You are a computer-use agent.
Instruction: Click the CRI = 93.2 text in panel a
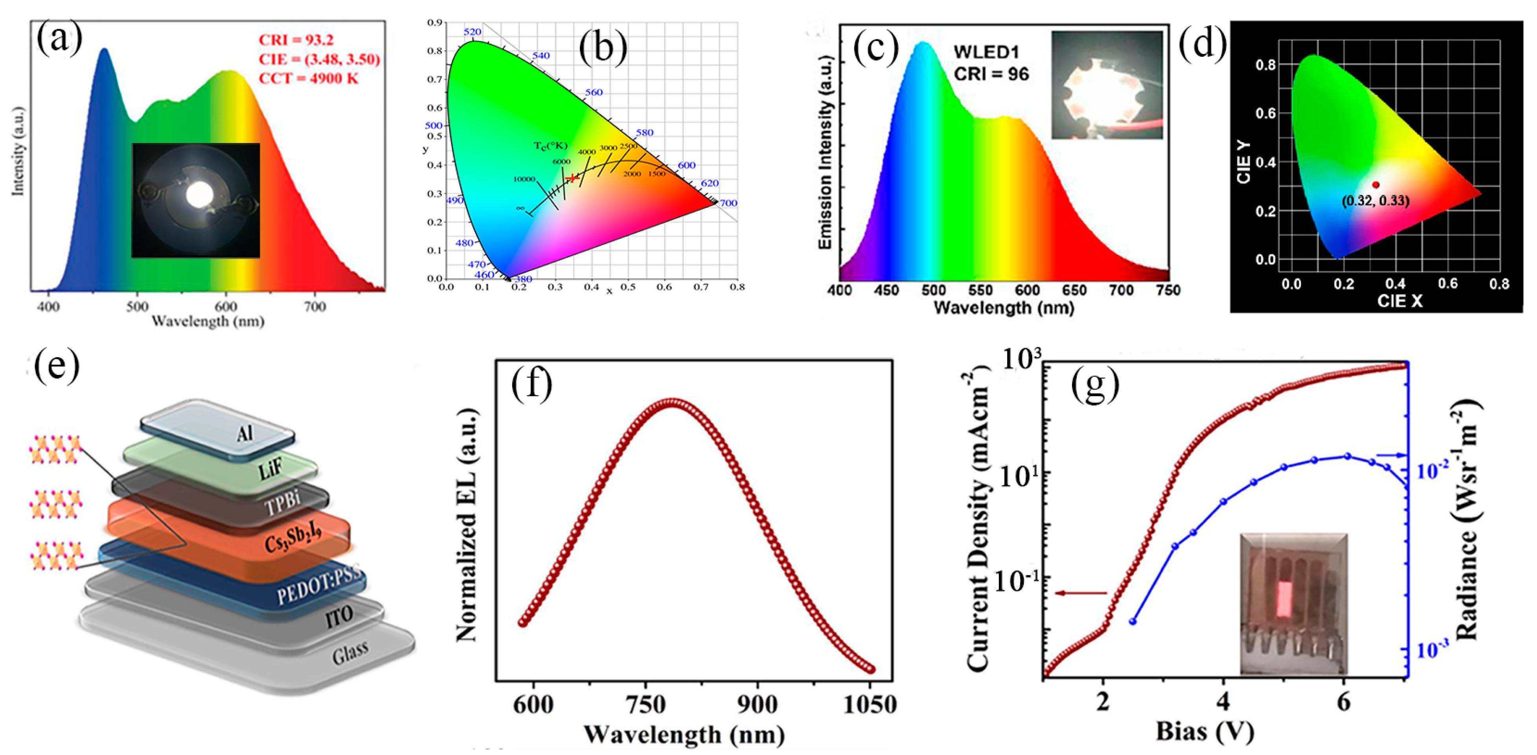[296, 40]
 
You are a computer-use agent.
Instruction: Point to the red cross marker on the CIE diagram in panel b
[572, 178]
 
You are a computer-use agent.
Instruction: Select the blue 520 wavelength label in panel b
[472, 32]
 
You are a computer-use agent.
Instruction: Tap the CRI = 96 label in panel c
[991, 74]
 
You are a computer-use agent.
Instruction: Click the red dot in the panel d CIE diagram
[1375, 185]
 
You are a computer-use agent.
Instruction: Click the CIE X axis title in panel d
[1399, 301]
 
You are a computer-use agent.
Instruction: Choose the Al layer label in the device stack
[244, 433]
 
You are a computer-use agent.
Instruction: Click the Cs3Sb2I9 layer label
[293, 536]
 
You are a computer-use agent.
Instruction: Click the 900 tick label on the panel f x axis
[757, 705]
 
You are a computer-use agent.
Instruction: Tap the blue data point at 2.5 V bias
[1132, 621]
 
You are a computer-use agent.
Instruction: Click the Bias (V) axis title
[1205, 731]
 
